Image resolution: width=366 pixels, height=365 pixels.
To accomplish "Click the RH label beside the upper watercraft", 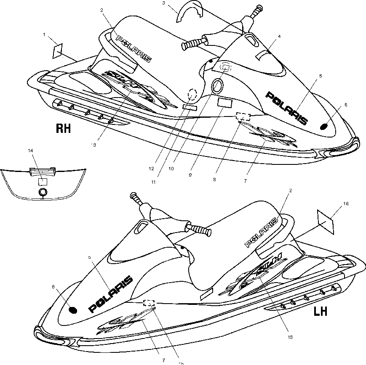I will point(63,128).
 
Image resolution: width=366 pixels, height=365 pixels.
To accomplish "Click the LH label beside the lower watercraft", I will point(321,312).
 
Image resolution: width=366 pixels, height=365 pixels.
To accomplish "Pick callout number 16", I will point(346,204).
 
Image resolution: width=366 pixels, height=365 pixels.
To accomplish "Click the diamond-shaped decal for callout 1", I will point(57,51).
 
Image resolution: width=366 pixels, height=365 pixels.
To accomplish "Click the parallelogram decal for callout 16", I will point(326,221).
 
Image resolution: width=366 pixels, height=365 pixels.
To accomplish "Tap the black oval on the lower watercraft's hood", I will point(73,310).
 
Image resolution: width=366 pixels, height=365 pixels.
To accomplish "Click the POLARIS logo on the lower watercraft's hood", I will point(110,294).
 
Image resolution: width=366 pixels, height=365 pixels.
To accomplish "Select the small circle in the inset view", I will point(42,192).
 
